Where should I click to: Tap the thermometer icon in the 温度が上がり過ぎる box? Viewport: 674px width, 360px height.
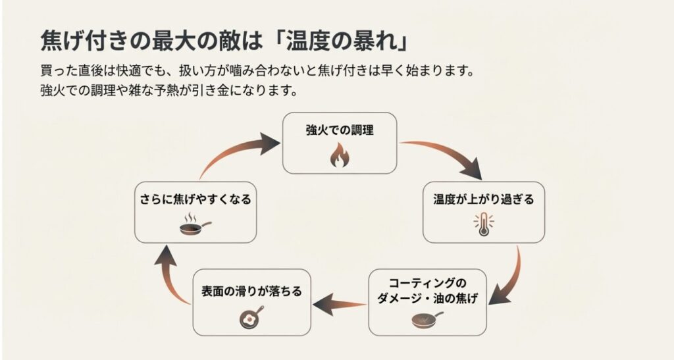(483, 224)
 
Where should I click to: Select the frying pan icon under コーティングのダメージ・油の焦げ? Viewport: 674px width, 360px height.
(427, 321)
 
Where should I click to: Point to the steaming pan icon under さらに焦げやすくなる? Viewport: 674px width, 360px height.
(195, 225)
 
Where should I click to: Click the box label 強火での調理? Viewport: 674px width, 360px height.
(339, 130)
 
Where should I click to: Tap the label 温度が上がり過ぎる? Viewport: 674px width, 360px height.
(483, 199)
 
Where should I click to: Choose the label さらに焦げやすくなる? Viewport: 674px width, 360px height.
(195, 199)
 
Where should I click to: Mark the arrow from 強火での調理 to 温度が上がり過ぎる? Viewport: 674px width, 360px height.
(448, 155)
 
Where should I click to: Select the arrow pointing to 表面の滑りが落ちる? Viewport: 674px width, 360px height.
(339, 305)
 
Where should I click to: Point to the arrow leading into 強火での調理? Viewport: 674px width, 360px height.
(237, 151)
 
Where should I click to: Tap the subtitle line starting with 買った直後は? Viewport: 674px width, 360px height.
(257, 70)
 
